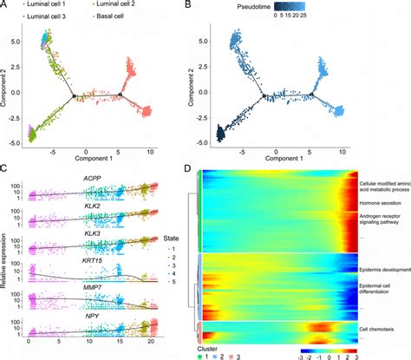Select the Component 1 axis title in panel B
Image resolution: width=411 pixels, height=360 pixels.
coord(287,160)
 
